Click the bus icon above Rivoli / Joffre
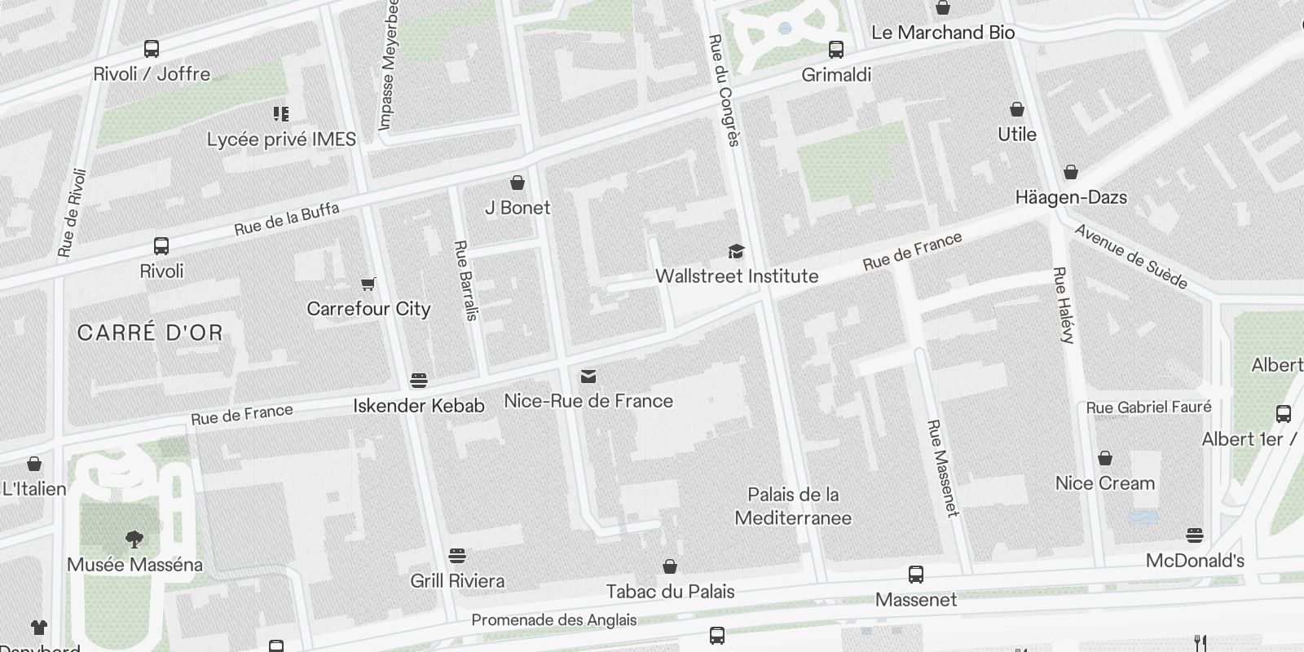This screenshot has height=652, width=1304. point(152,49)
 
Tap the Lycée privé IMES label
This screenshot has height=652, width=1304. point(281,139)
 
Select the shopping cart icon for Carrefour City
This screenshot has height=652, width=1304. point(368,284)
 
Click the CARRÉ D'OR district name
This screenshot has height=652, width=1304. point(150,333)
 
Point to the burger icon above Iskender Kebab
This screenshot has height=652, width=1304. point(419,381)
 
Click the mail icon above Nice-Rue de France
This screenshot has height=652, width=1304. point(588,376)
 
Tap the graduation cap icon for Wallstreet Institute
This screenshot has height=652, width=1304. point(736,251)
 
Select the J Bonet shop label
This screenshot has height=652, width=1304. point(518,208)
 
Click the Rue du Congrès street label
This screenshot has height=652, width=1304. point(724,90)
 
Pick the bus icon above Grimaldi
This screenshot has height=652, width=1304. point(836,50)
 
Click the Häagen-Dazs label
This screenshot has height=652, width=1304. point(1071,197)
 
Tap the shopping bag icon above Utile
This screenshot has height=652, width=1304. point(1017,109)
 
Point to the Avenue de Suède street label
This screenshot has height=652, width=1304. point(1130,257)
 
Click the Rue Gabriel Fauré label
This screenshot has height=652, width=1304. point(1148,407)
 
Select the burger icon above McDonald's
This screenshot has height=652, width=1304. point(1195,535)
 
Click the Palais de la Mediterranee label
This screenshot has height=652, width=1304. point(793,506)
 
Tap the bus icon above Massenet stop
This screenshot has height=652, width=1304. point(916,575)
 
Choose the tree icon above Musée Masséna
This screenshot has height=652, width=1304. point(134,539)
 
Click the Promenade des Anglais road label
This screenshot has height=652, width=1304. point(554,620)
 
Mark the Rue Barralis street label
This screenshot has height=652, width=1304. point(465,280)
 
